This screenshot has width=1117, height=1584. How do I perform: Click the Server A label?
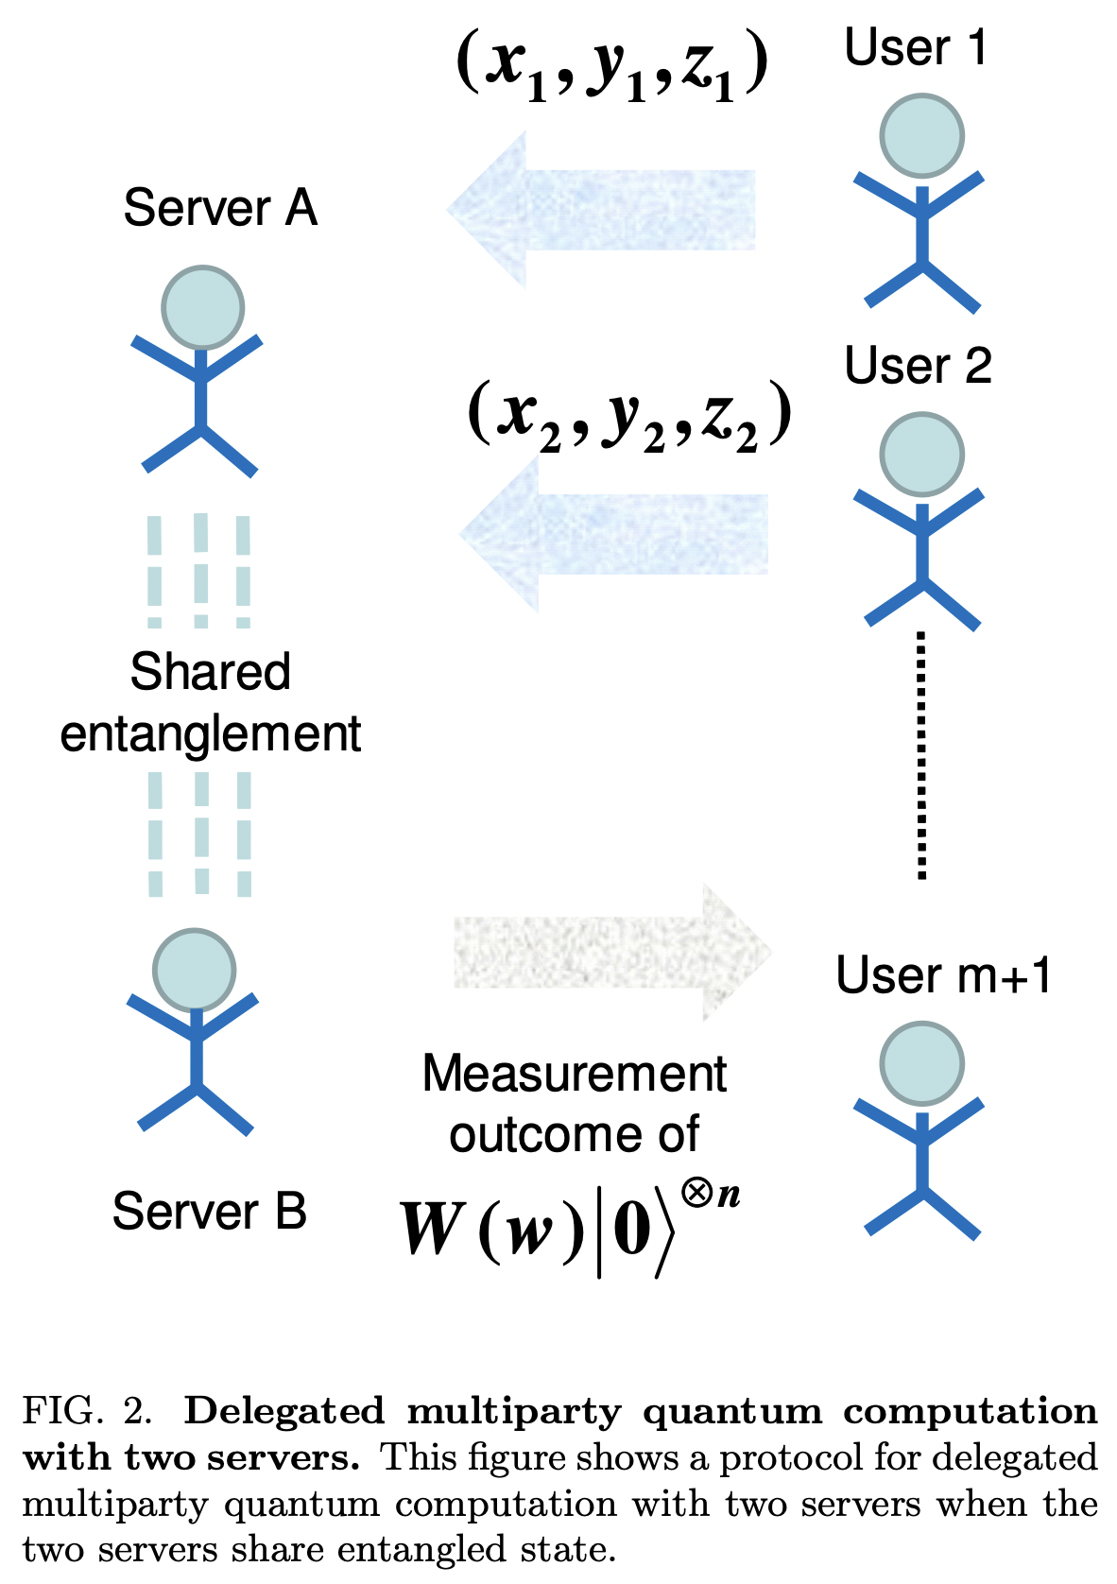pyautogui.click(x=219, y=208)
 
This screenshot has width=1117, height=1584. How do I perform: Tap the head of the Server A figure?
pyautogui.click(x=202, y=308)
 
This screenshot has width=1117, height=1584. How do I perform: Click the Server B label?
pyautogui.click(x=209, y=1212)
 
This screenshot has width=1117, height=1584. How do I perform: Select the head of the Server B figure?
pyautogui.click(x=195, y=970)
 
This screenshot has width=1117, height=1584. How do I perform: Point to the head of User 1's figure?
pyautogui.click(x=921, y=136)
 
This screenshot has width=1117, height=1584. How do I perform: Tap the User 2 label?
pyautogui.click(x=918, y=366)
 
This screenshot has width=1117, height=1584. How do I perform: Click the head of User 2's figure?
pyautogui.click(x=921, y=455)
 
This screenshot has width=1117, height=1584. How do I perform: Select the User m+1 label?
pyautogui.click(x=943, y=975)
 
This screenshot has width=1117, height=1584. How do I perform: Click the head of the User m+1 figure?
pyautogui.click(x=921, y=1063)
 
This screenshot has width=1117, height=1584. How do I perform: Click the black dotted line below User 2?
pyautogui.click(x=921, y=756)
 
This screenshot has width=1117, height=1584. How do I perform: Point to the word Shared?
pyautogui.click(x=210, y=673)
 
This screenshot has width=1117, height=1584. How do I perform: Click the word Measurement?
pyautogui.click(x=574, y=1074)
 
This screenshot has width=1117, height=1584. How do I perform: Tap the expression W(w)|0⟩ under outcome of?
pyautogui.click(x=567, y=1229)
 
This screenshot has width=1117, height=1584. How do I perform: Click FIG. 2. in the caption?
pyautogui.click(x=87, y=1411)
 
